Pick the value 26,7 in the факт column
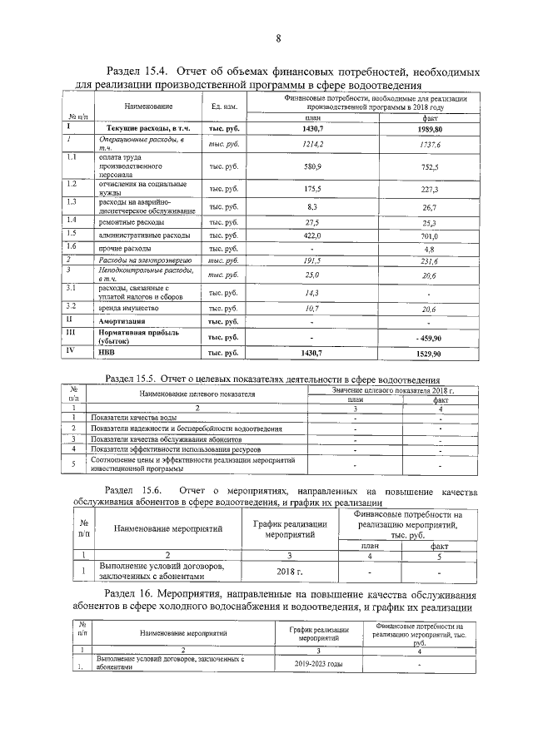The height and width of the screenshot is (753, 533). [430, 207]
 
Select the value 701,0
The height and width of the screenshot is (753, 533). [430, 236]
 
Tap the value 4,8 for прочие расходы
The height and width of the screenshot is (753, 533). [430, 249]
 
